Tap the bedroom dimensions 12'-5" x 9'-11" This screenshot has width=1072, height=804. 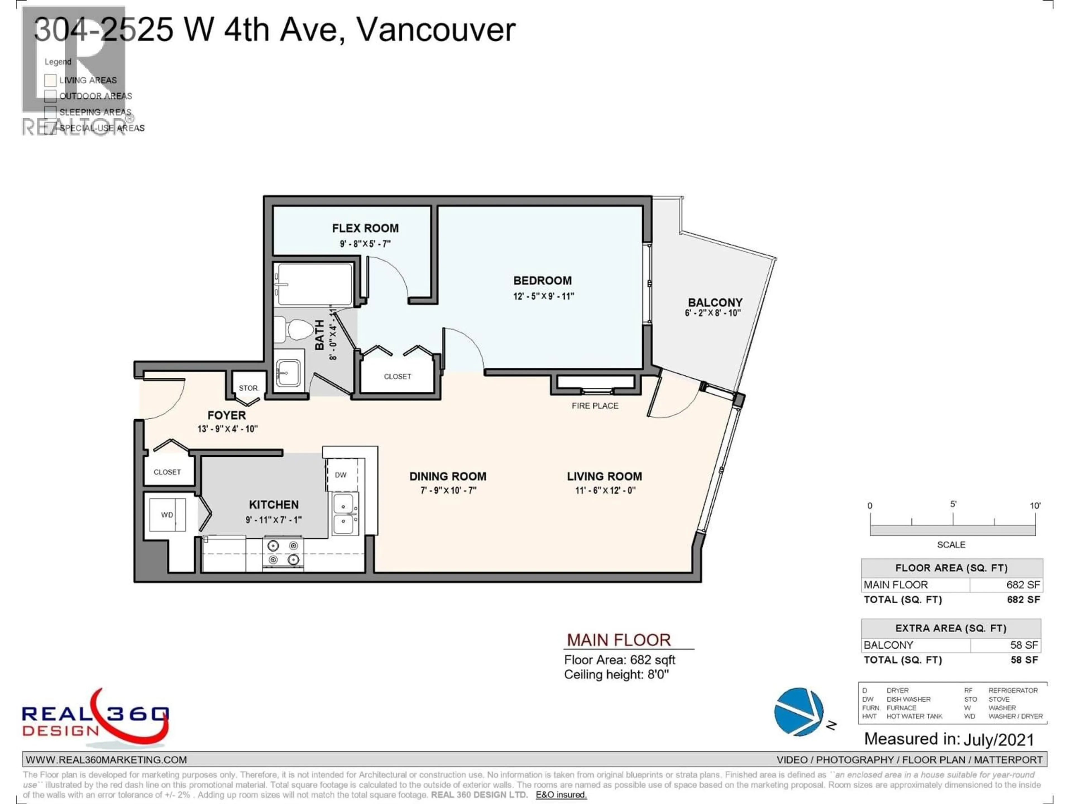click(543, 296)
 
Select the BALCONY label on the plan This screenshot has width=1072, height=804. click(715, 302)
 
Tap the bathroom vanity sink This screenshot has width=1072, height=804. click(288, 373)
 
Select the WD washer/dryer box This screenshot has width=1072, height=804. click(167, 515)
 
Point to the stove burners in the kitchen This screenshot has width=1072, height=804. click(283, 552)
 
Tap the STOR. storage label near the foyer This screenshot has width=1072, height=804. click(248, 388)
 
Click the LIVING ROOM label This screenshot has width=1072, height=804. click(604, 476)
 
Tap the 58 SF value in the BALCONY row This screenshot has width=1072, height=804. click(1023, 645)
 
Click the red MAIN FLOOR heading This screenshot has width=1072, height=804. click(619, 640)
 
